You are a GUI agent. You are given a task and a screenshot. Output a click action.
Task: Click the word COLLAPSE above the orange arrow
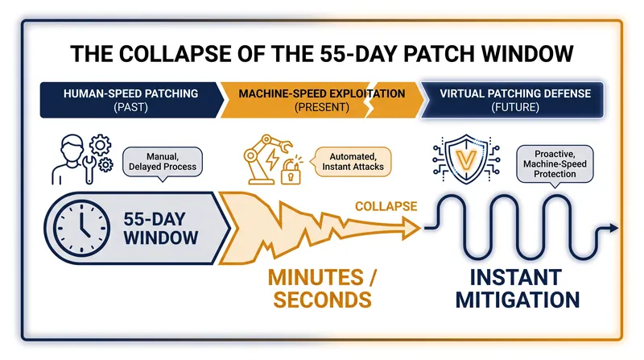point(386,206)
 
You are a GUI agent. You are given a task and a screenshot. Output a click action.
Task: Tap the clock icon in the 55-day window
point(82,228)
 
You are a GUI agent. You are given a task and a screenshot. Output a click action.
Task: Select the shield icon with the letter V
point(467,158)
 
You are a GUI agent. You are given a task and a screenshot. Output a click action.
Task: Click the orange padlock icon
point(291,172)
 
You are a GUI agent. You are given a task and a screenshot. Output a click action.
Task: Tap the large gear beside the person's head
point(100,145)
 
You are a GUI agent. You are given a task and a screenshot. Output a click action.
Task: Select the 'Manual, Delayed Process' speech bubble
point(163,163)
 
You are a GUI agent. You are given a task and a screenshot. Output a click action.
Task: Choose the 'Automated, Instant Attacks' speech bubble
point(352,162)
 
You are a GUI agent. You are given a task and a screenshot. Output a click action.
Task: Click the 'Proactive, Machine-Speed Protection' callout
point(555,165)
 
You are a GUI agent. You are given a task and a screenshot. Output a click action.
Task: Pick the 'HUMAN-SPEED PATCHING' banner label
point(130,93)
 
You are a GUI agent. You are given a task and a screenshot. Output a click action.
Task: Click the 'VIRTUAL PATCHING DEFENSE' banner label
point(515,93)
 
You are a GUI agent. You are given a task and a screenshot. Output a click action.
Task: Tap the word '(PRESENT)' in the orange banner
point(321,108)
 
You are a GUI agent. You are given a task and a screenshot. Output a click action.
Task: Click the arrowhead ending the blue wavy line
point(614,228)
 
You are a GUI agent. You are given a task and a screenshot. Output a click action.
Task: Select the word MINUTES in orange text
point(316,277)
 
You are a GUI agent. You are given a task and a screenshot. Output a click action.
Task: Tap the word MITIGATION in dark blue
point(518,300)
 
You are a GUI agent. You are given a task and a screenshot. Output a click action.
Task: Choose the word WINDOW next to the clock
point(161,238)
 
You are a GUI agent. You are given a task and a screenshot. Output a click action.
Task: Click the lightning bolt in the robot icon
point(272,159)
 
